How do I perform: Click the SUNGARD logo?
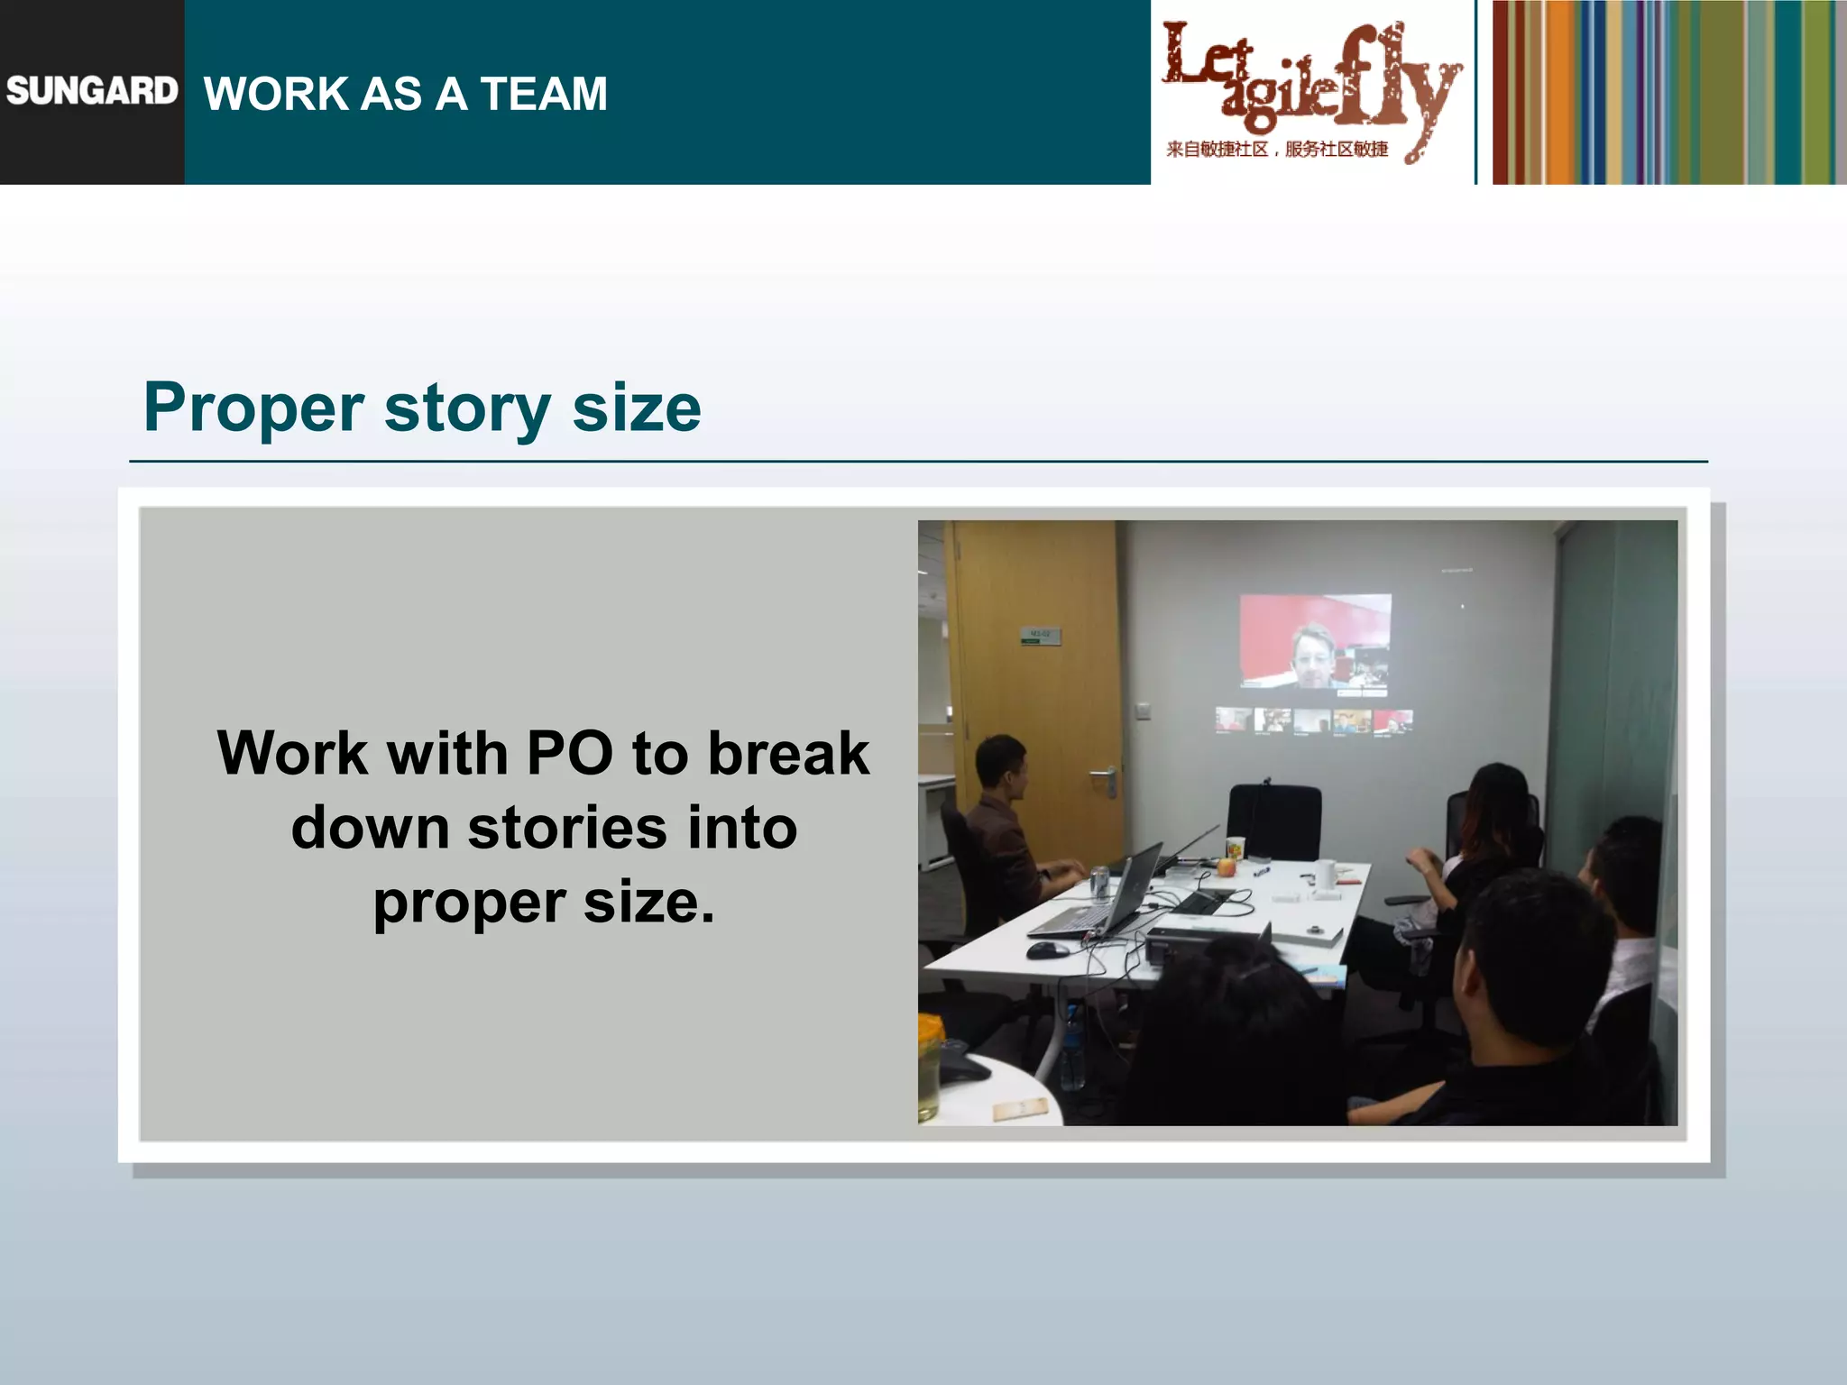pos(91,91)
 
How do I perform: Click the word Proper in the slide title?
pos(253,408)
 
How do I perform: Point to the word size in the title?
pos(636,408)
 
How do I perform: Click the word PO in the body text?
pos(569,754)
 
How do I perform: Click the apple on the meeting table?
pos(1225,867)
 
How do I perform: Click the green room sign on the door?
pos(1040,636)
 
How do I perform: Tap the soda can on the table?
pos(1098,880)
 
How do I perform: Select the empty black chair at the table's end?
pos(1273,821)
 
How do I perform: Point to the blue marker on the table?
pos(1262,871)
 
